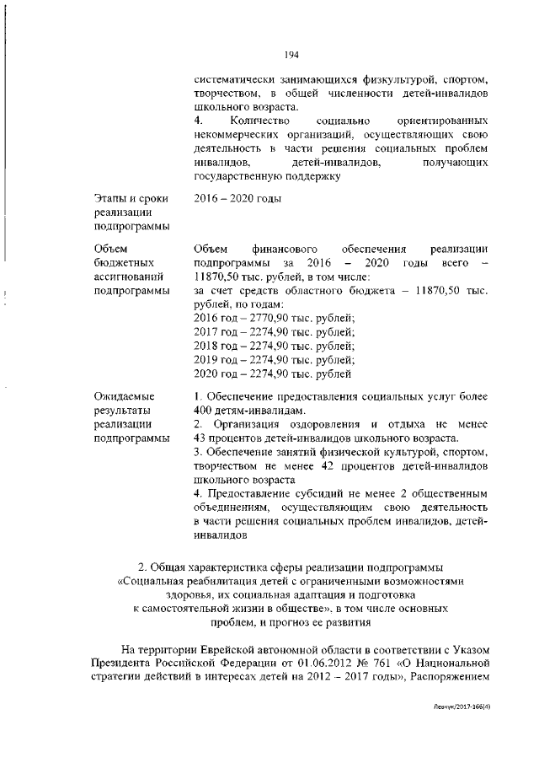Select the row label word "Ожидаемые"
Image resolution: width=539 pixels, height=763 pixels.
125,396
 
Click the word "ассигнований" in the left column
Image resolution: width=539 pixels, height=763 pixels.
131,276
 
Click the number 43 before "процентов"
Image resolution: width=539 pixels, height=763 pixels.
200,438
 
